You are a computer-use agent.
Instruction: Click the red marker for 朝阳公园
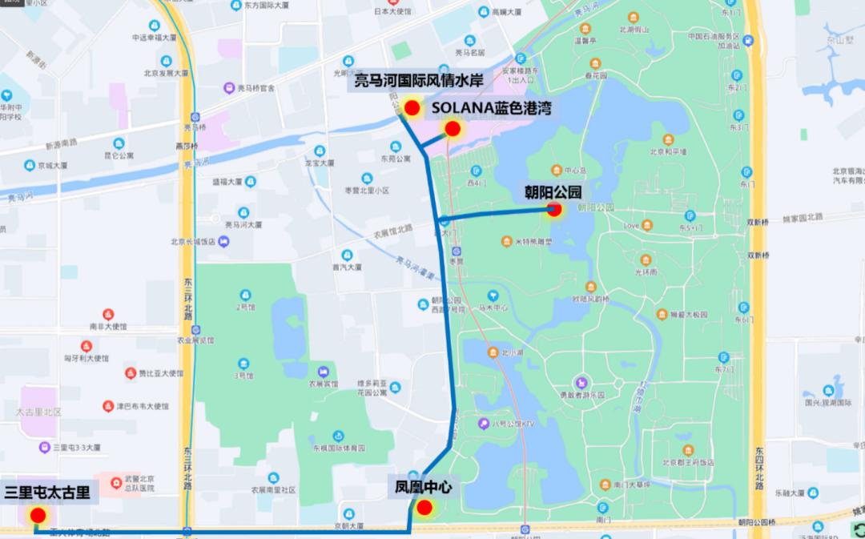point(553,211)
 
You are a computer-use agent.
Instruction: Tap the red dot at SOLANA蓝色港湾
point(453,128)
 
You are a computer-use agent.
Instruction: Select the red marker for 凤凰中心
point(424,506)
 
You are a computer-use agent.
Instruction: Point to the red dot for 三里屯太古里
point(37,515)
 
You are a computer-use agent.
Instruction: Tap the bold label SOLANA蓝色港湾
point(493,107)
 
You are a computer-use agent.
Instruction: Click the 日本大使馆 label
point(392,12)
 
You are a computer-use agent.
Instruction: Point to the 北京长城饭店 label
point(193,241)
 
